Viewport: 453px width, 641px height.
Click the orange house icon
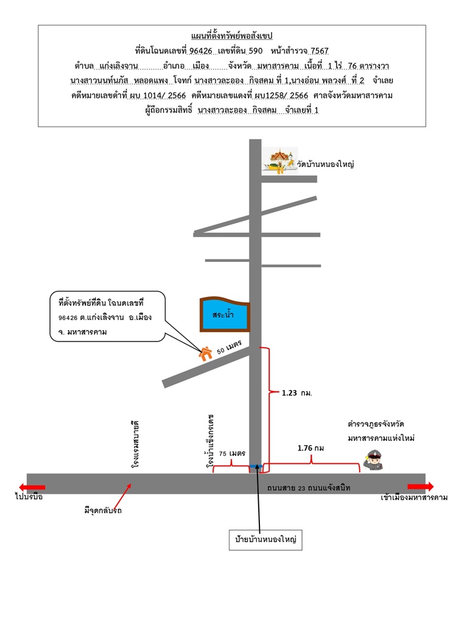coord(206,353)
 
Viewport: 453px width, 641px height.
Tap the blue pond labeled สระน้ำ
coord(225,314)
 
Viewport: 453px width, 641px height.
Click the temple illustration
coord(280,161)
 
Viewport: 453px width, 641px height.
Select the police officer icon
coord(373,460)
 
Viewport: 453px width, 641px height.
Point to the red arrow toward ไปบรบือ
coord(32,487)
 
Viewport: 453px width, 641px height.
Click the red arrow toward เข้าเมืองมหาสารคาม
coord(420,486)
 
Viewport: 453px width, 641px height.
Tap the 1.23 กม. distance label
coord(297,393)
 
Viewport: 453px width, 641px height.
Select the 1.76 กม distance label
coord(311,448)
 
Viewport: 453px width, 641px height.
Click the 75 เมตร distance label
coord(232,453)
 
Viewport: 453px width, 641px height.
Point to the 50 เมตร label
coord(230,347)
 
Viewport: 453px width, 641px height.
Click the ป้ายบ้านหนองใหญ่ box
coord(265,539)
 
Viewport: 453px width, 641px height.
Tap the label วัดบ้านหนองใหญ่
coord(325,164)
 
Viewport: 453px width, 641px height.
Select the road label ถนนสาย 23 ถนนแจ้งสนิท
coord(309,488)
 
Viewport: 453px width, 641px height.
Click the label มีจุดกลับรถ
coord(103,510)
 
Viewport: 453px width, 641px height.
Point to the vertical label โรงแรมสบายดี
coord(135,444)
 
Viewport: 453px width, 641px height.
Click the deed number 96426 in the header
coord(201,51)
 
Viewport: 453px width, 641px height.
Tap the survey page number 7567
coord(319,51)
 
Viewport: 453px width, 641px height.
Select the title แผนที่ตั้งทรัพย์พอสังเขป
coord(232,36)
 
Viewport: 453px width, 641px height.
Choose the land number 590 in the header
coord(256,51)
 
